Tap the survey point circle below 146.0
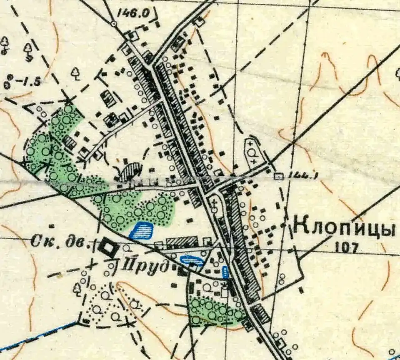point(114,24)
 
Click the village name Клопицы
point(344,228)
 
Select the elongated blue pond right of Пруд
point(192,261)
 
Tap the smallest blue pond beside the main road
point(225,272)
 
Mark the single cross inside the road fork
point(214,204)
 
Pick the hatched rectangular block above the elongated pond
point(182,242)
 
